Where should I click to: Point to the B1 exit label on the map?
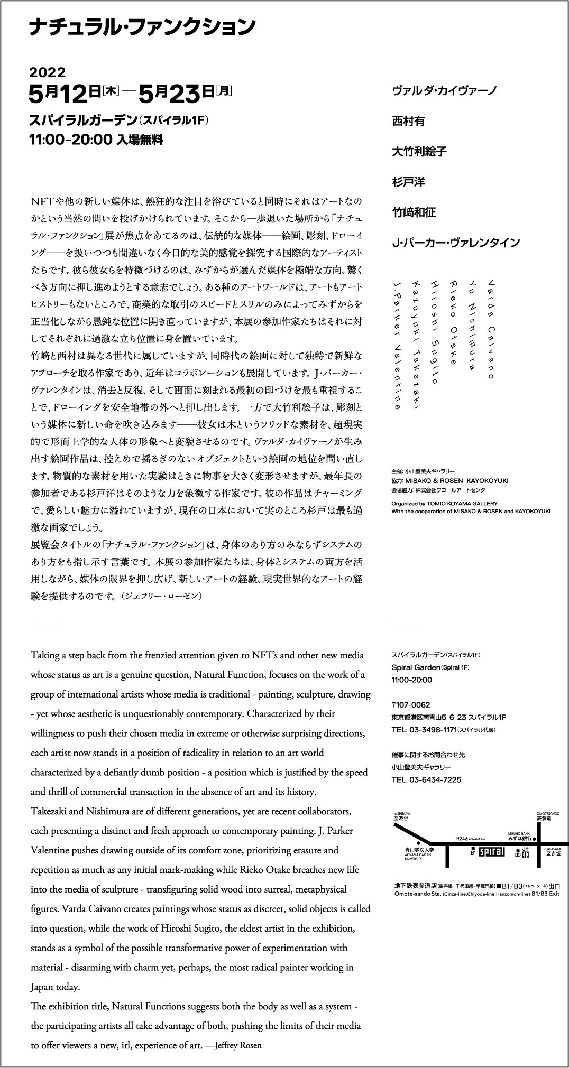click(473, 852)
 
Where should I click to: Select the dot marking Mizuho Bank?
click(534, 839)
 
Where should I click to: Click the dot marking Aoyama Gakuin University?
click(418, 843)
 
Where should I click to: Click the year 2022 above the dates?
click(47, 72)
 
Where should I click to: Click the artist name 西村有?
click(408, 121)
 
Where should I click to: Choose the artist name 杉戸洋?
click(408, 182)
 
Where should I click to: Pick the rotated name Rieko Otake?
click(453, 323)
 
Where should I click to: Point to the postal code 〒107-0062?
click(411, 705)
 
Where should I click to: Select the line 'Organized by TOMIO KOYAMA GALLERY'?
click(444, 504)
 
